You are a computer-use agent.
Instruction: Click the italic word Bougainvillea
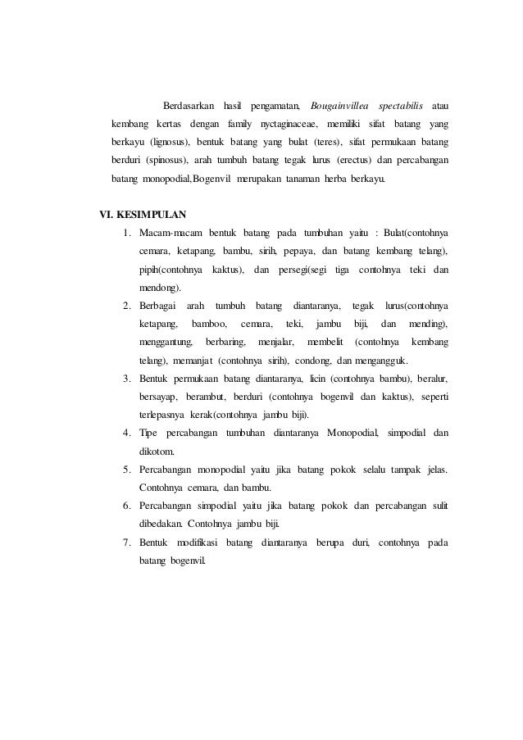click(338, 107)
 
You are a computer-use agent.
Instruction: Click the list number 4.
click(128, 433)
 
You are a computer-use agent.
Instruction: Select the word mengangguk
click(388, 361)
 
